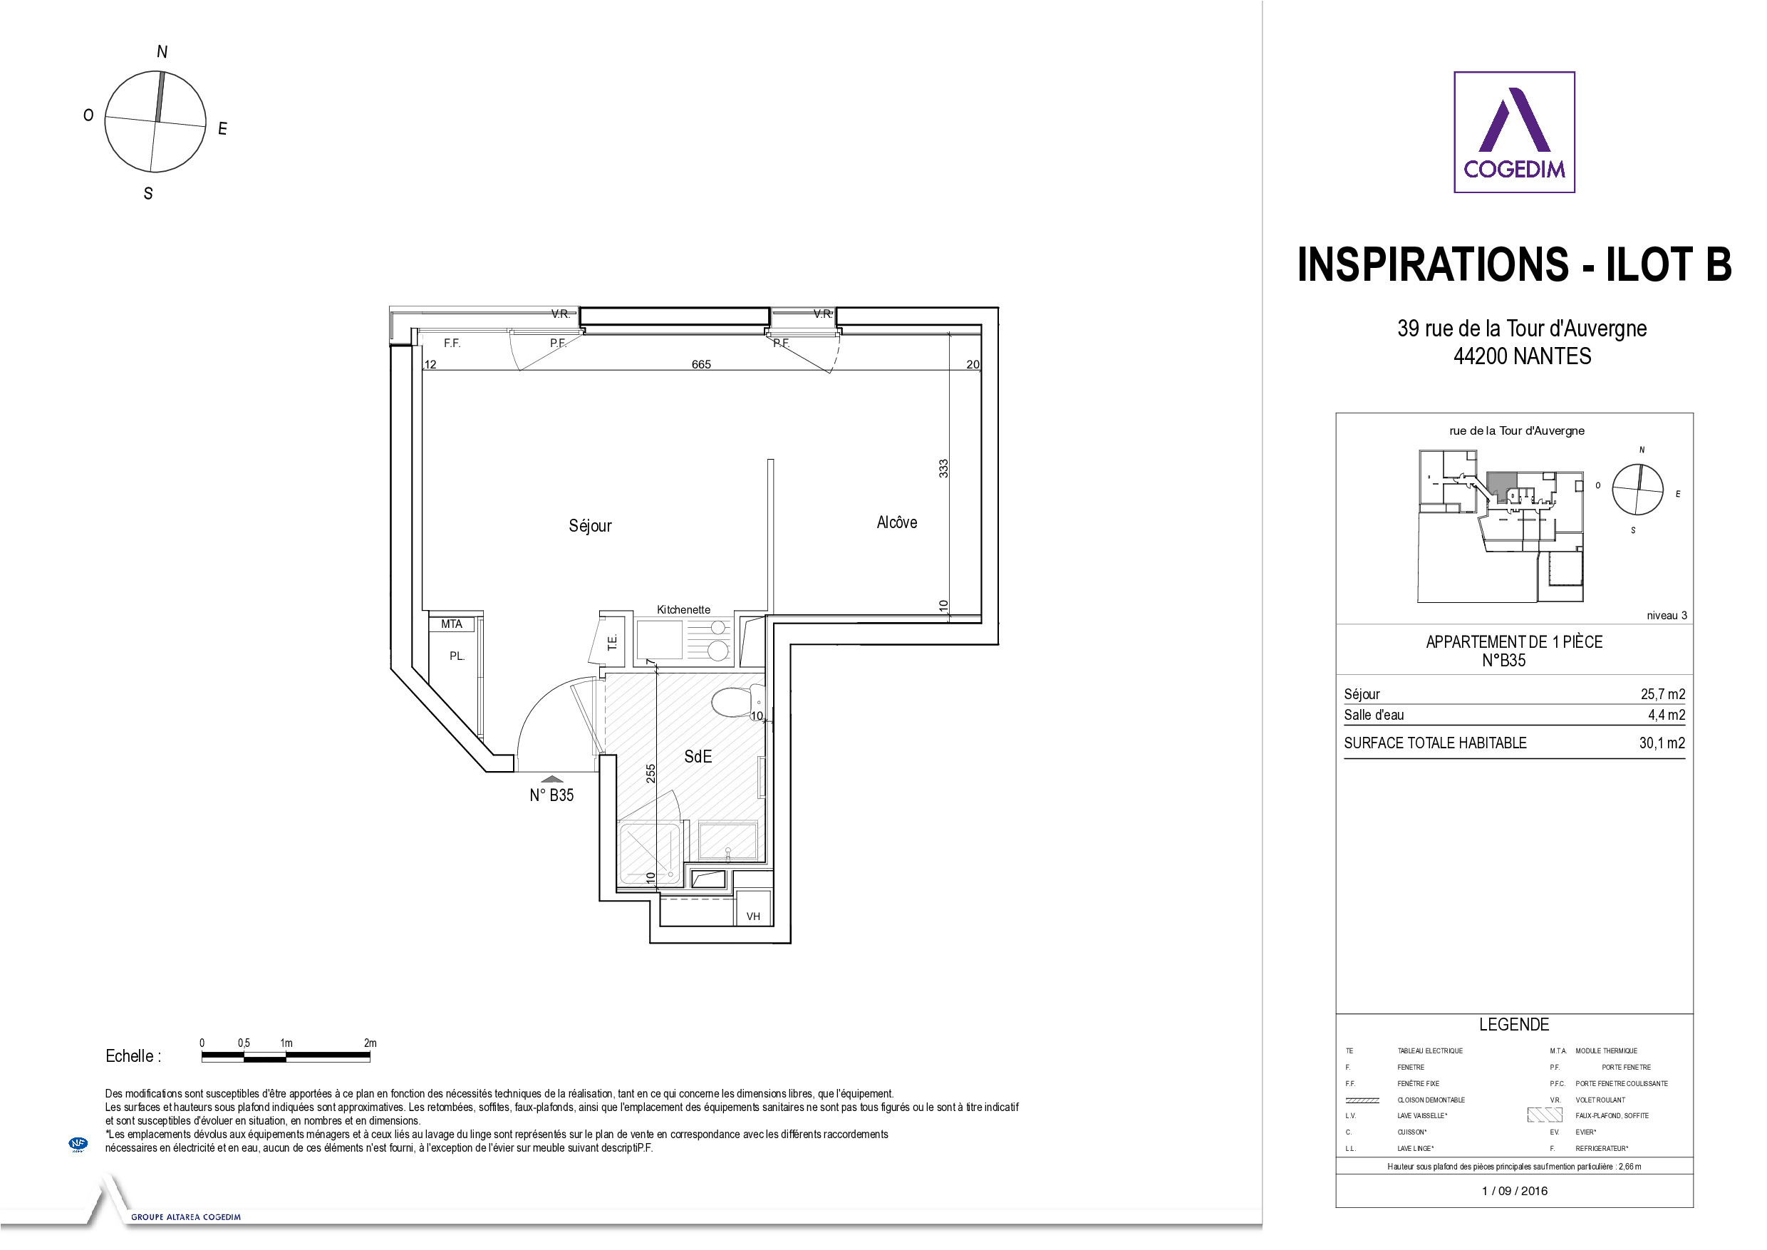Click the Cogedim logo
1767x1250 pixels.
coord(1514,133)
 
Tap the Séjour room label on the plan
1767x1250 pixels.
coord(590,526)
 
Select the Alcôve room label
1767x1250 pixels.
coord(896,522)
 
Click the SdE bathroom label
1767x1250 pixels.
coord(698,757)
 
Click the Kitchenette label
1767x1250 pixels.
coord(683,609)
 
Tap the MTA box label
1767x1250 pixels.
coord(452,624)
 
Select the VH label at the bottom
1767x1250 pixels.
coord(753,916)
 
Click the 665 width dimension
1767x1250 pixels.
coord(701,364)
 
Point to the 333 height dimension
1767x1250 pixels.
coord(943,468)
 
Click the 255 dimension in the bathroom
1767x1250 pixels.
coord(651,773)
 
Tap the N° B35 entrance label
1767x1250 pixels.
coord(551,796)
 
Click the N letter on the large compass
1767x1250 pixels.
coord(162,51)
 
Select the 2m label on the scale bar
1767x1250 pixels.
coord(370,1043)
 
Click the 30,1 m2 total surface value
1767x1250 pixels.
coord(1662,743)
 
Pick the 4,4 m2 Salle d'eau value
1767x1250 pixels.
coord(1667,715)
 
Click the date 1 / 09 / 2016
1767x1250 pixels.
coord(1515,1191)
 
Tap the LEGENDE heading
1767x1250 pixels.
coord(1514,1025)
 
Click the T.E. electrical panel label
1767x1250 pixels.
coord(613,642)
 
